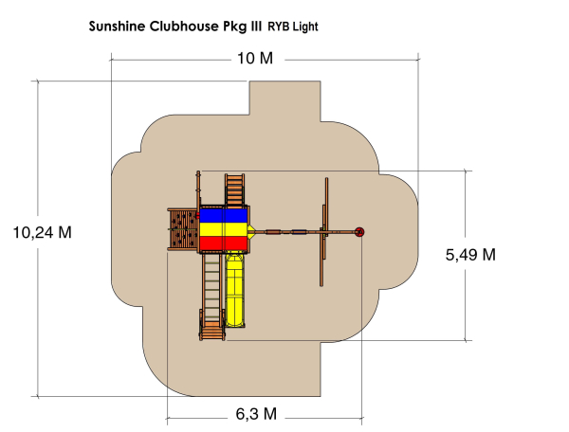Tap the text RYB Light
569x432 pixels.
[293, 27]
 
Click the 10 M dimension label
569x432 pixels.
[254, 60]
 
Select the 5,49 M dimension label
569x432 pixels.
[469, 254]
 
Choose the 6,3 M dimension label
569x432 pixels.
[255, 414]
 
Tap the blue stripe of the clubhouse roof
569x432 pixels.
[223, 214]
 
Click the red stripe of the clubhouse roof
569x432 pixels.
[223, 244]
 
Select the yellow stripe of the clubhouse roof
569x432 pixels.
[223, 229]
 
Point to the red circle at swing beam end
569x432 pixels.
[359, 231]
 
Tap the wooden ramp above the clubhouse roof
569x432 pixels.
[234, 189]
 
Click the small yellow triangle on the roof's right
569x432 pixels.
[252, 230]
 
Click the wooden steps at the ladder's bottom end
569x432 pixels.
[212, 330]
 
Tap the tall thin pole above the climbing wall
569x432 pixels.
[197, 188]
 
